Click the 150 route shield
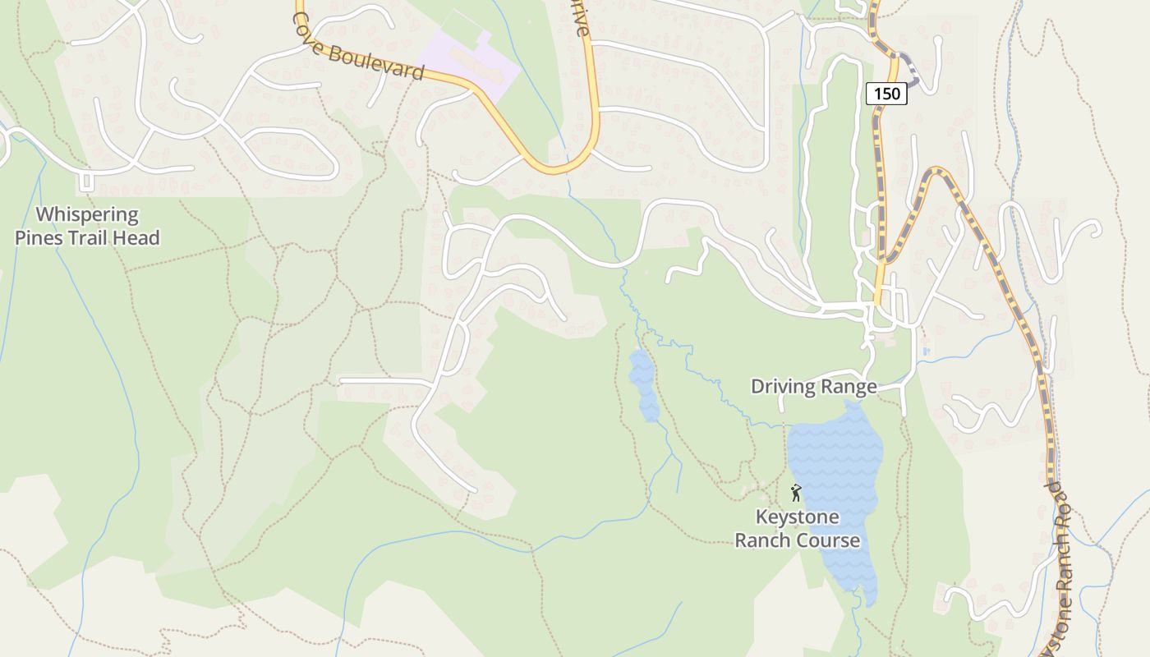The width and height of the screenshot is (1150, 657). click(886, 94)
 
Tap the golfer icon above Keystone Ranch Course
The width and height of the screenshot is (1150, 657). click(795, 493)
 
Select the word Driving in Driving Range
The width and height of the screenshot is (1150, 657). click(782, 386)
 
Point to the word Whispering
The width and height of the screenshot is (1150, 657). click(87, 215)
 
